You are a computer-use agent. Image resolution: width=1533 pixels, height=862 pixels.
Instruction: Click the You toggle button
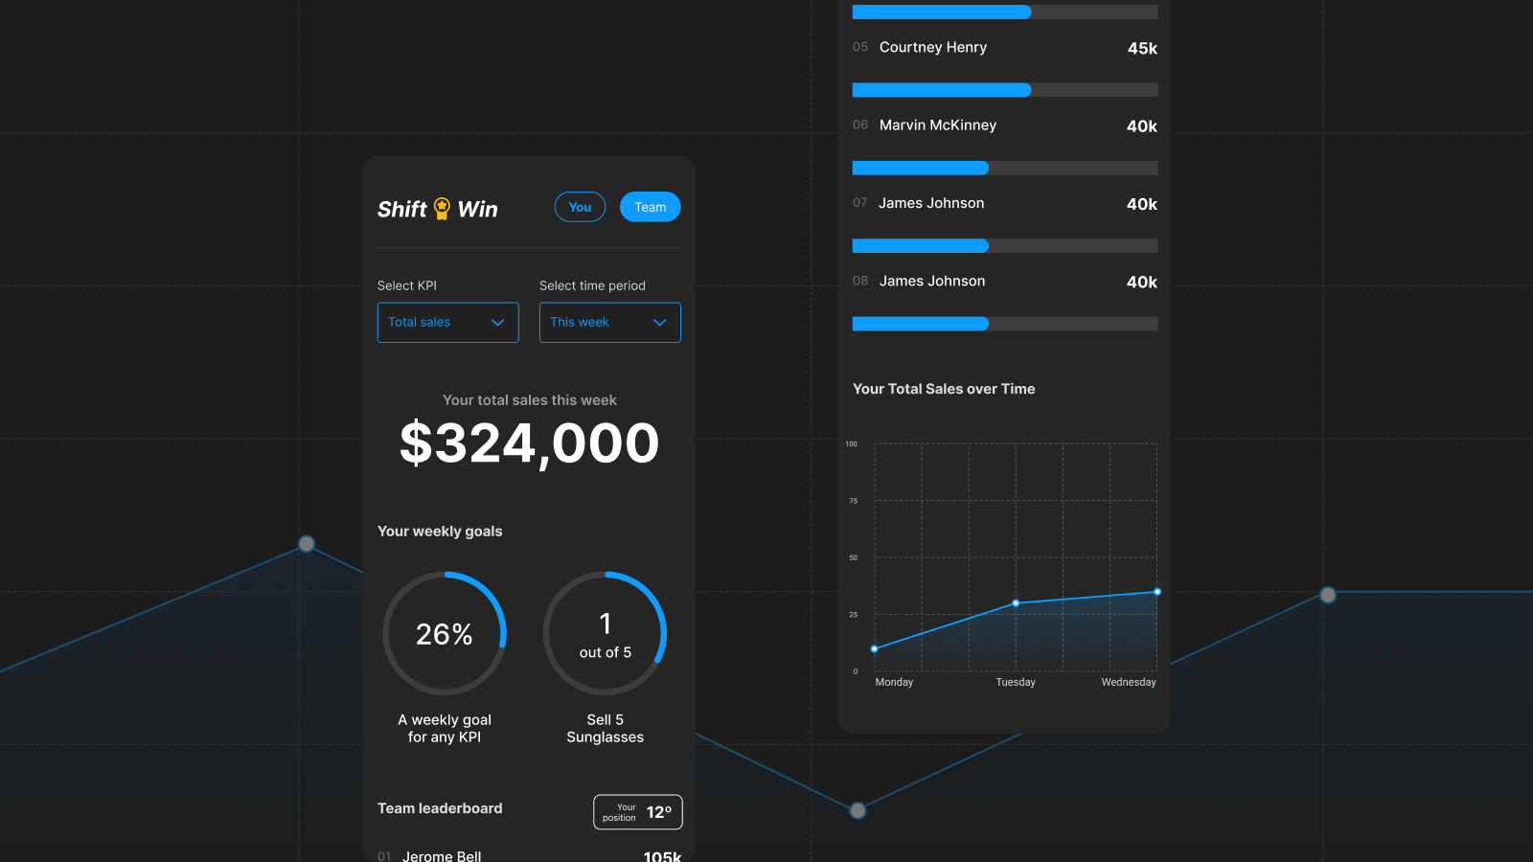580,207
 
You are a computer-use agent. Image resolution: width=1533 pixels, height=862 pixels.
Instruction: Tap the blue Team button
650,207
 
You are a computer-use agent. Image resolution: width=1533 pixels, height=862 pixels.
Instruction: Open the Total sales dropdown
447,323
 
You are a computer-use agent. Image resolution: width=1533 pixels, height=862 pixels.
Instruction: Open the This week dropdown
609,323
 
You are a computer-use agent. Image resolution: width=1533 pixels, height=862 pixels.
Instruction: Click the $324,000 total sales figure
529,443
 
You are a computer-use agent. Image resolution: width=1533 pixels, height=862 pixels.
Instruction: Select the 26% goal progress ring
445,633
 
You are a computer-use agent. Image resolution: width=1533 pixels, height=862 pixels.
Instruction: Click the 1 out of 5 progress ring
605,633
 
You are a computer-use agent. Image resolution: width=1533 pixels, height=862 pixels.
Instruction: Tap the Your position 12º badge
637,812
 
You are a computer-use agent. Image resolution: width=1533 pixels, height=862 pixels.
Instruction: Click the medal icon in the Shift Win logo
442,208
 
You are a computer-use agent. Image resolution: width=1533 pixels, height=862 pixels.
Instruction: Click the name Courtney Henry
932,47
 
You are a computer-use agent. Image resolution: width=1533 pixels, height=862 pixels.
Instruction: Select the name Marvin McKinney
937,125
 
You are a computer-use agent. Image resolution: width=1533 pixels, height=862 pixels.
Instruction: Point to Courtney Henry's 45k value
1142,48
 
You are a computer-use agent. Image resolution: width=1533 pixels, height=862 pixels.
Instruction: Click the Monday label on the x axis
894,682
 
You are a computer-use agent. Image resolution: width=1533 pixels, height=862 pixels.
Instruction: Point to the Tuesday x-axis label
1016,682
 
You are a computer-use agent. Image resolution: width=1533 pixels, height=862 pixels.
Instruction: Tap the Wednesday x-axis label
1128,682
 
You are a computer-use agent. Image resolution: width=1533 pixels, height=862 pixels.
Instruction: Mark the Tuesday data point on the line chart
1016,603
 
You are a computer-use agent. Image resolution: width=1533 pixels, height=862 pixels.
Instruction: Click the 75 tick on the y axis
853,501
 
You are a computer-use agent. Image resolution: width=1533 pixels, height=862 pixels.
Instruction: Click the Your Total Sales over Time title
944,389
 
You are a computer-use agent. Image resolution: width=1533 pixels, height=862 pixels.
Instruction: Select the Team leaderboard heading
440,808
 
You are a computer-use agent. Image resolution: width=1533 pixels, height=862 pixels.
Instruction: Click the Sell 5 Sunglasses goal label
605,728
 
